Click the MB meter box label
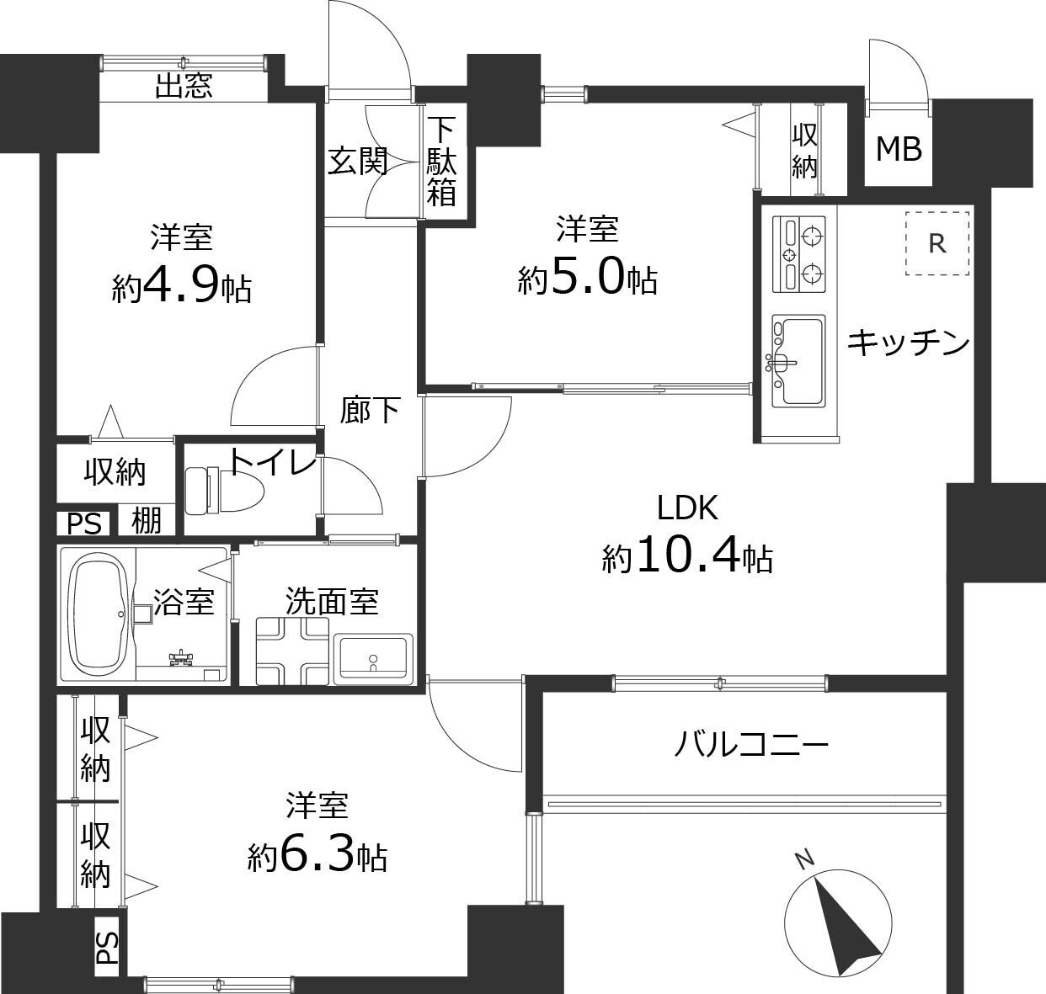[x=899, y=149]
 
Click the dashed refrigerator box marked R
[x=937, y=243]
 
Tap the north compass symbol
[x=837, y=922]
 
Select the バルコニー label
[x=752, y=744]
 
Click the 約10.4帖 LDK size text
[x=687, y=556]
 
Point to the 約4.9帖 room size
[x=181, y=289]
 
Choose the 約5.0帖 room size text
[x=587, y=277]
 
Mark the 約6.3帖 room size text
[x=317, y=857]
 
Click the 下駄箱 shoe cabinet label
[x=442, y=162]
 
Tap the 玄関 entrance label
[x=357, y=161]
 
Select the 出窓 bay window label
[x=184, y=86]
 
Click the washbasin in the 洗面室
[x=372, y=658]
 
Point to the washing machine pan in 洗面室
[x=291, y=651]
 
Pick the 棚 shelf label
[x=147, y=522]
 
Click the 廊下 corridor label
[x=370, y=410]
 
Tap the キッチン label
[x=908, y=342]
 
